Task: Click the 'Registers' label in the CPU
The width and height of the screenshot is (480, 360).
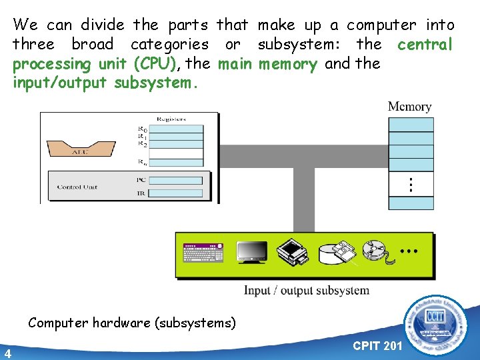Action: [171, 119]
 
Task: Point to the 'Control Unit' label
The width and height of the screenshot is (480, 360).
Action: [77, 187]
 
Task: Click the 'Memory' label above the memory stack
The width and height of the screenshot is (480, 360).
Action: [410, 107]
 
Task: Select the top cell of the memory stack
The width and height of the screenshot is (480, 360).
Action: [411, 125]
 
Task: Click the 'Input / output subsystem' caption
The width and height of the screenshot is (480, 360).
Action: [307, 290]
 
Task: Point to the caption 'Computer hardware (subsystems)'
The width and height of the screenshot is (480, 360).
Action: [132, 323]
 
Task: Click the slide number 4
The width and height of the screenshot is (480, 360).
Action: [7, 353]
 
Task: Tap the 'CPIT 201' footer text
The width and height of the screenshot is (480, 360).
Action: [377, 346]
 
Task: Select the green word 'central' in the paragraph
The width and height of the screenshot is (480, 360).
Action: [425, 45]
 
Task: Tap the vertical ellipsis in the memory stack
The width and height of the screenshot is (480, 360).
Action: [411, 185]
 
